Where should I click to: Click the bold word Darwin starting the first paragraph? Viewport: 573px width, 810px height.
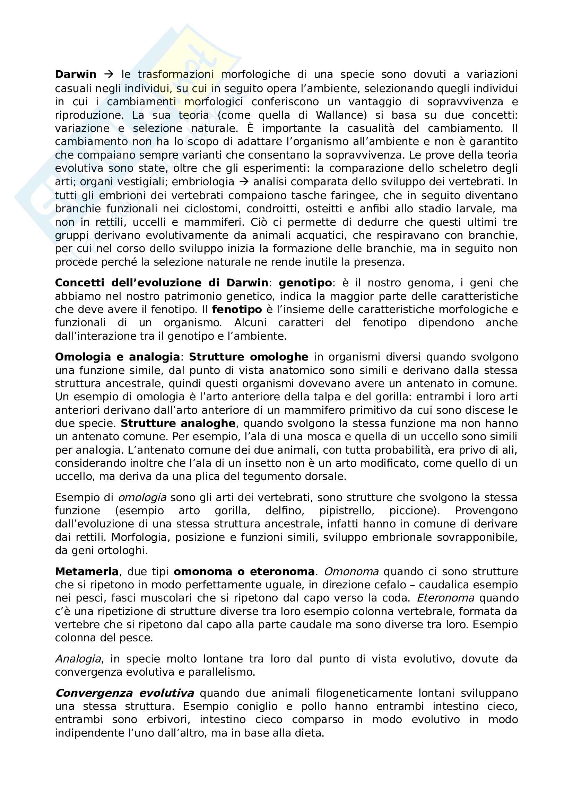[x=76, y=74]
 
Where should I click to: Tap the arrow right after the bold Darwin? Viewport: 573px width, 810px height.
[x=109, y=74]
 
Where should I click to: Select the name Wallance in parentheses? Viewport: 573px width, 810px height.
[x=339, y=115]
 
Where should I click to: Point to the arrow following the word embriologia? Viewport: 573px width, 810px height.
[x=244, y=182]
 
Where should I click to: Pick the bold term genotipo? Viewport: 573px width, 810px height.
[x=305, y=283]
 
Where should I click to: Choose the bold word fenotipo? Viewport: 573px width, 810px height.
[x=237, y=309]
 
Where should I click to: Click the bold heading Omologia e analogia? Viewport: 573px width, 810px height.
[x=117, y=357]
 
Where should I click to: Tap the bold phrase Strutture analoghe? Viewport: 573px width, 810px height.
[x=178, y=423]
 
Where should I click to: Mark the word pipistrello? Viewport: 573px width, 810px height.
[x=347, y=511]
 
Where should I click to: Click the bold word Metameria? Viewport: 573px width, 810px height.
[x=87, y=571]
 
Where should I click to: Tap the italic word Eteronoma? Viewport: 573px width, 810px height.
[x=445, y=598]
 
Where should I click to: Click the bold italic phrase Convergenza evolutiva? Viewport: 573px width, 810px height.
[x=125, y=693]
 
